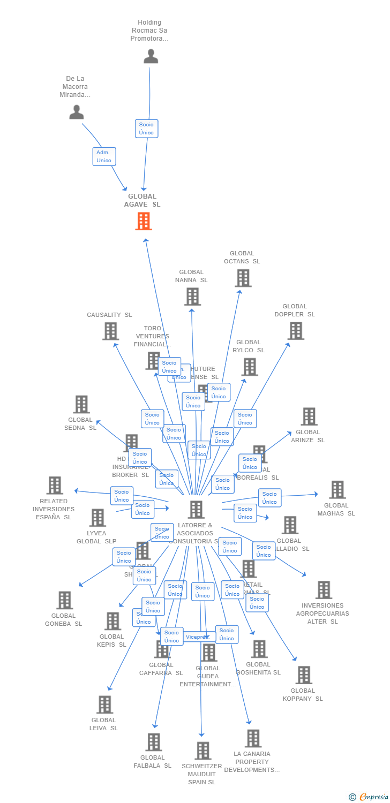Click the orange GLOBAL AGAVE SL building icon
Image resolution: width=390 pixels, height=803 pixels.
pos(144,221)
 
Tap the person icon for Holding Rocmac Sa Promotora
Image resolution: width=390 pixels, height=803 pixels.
pos(151,56)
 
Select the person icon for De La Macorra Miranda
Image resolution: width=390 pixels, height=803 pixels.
pos(77,112)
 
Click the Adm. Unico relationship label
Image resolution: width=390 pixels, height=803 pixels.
pos(104,156)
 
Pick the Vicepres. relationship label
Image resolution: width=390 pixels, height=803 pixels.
pos(197,637)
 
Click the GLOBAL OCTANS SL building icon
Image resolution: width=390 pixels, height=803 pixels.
pos(243,278)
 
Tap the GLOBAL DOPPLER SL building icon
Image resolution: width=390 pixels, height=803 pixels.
pos(296,331)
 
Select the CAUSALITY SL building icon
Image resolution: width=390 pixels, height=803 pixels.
pos(110,331)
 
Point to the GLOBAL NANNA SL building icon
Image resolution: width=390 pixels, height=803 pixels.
pos(192,297)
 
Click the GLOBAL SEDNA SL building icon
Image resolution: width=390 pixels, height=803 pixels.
pos(81,404)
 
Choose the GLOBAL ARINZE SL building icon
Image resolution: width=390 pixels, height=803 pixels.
pos(309,416)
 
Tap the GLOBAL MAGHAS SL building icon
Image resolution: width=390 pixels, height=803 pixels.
pos(337,489)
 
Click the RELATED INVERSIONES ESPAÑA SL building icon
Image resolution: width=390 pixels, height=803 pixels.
pos(55,486)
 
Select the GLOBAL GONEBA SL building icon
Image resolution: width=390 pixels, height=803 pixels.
pos(64,600)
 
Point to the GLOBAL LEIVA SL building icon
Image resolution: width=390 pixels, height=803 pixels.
pos(104,704)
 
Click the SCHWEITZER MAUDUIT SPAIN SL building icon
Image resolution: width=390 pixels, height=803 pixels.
pos(202,751)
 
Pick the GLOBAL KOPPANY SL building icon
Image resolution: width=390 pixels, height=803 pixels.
pos(303,675)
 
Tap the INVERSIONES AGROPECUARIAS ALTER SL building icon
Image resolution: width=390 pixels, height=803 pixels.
pos(324,590)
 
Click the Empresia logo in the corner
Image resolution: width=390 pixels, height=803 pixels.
pos(369,797)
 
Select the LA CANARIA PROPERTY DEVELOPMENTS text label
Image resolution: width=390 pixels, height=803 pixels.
pos(252,762)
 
